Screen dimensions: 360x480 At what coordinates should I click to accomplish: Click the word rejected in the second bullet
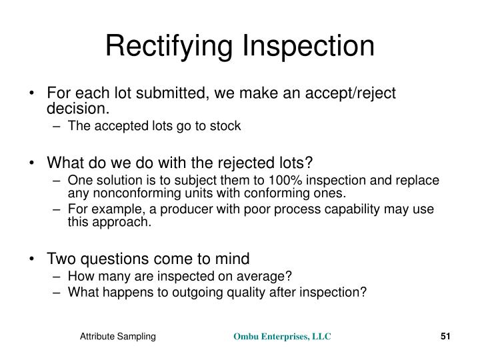click(x=241, y=163)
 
